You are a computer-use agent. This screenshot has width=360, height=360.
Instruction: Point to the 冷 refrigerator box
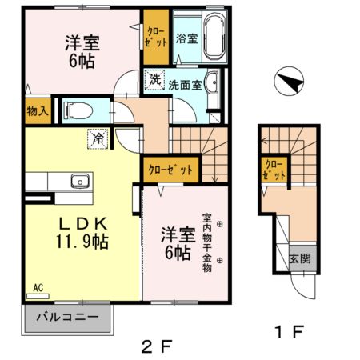[98, 138]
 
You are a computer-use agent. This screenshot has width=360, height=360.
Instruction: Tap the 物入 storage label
[37, 110]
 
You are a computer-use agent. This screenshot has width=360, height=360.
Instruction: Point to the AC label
[38, 286]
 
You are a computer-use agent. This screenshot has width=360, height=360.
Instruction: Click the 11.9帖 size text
[82, 240]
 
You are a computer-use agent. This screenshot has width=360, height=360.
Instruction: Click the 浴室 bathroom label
[186, 38]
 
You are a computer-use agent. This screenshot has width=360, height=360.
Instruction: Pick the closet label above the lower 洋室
[170, 170]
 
